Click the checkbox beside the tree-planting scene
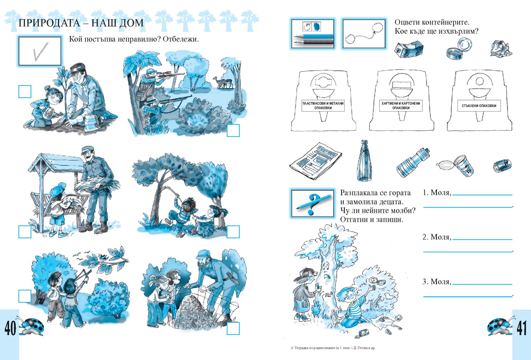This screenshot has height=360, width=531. coord(25,92)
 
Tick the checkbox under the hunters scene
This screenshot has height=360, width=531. coord(233,131)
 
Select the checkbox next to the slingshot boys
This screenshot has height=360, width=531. coord(25,296)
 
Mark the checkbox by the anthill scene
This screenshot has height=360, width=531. coord(233,328)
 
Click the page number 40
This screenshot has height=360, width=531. coord(10,328)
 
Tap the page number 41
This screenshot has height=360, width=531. coord(522,328)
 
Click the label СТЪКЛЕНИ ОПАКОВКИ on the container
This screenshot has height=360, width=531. coord(479,106)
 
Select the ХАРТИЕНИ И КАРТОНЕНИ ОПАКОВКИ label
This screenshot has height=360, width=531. coord(401,105)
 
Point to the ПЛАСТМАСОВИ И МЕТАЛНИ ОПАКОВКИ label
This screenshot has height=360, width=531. coord(323,105)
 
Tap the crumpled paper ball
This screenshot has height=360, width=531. coord(500,49)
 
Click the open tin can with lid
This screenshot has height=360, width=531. coord(459,49)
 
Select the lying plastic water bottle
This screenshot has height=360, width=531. coord(413,163)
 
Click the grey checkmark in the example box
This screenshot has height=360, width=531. coord(40,51)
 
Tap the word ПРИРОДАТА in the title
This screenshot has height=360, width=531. coord(49,23)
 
